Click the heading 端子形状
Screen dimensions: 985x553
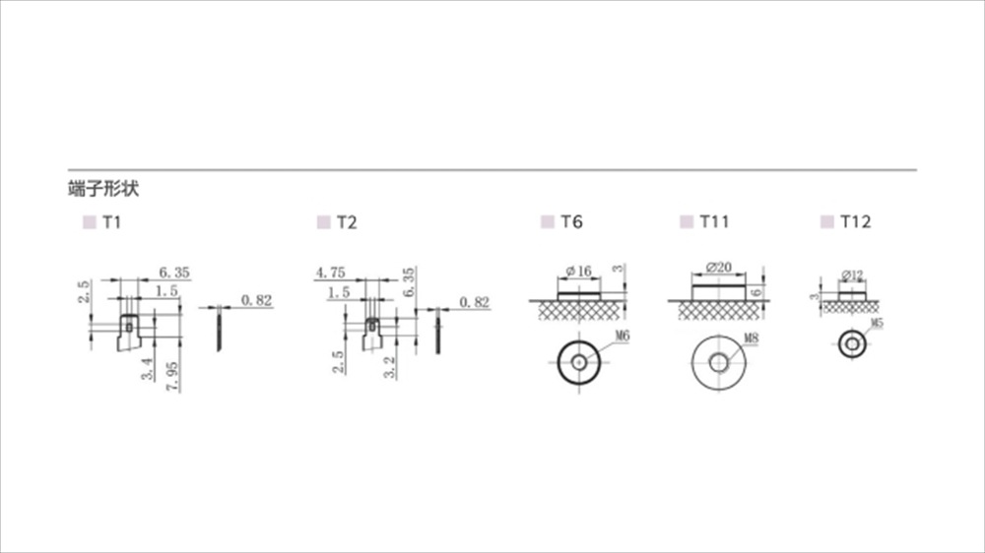[x=103, y=188]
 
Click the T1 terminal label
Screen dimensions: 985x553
[x=112, y=222]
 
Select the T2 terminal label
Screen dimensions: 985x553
[x=347, y=222]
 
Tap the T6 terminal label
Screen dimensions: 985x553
[x=571, y=221]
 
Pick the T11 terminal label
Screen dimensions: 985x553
[x=714, y=221]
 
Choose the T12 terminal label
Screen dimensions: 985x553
[x=856, y=221]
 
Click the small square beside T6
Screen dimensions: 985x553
[x=548, y=221]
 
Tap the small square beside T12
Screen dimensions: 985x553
[x=827, y=221]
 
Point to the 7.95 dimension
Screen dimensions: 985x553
[x=172, y=377]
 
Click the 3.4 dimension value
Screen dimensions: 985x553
[x=148, y=368]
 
